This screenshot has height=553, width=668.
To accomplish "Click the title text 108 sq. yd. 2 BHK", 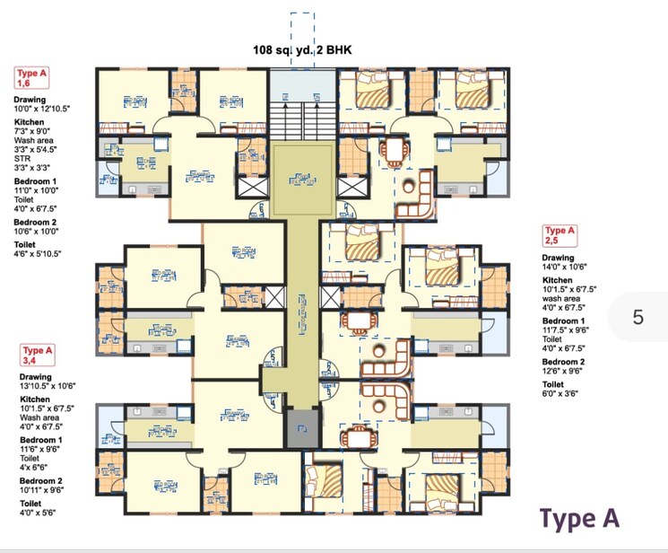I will (x=302, y=51).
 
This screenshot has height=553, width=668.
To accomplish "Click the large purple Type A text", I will (x=578, y=519).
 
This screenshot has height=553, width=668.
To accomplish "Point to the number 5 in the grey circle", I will (x=638, y=317).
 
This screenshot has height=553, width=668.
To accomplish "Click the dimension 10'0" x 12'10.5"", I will (x=41, y=109).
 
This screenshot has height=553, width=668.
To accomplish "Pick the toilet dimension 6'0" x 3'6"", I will (x=562, y=393).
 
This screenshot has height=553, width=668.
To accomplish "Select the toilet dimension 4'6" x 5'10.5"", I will (x=46, y=255).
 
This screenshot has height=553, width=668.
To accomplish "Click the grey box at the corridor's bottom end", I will (x=303, y=428).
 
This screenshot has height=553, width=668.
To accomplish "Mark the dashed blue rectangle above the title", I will (x=302, y=27).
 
